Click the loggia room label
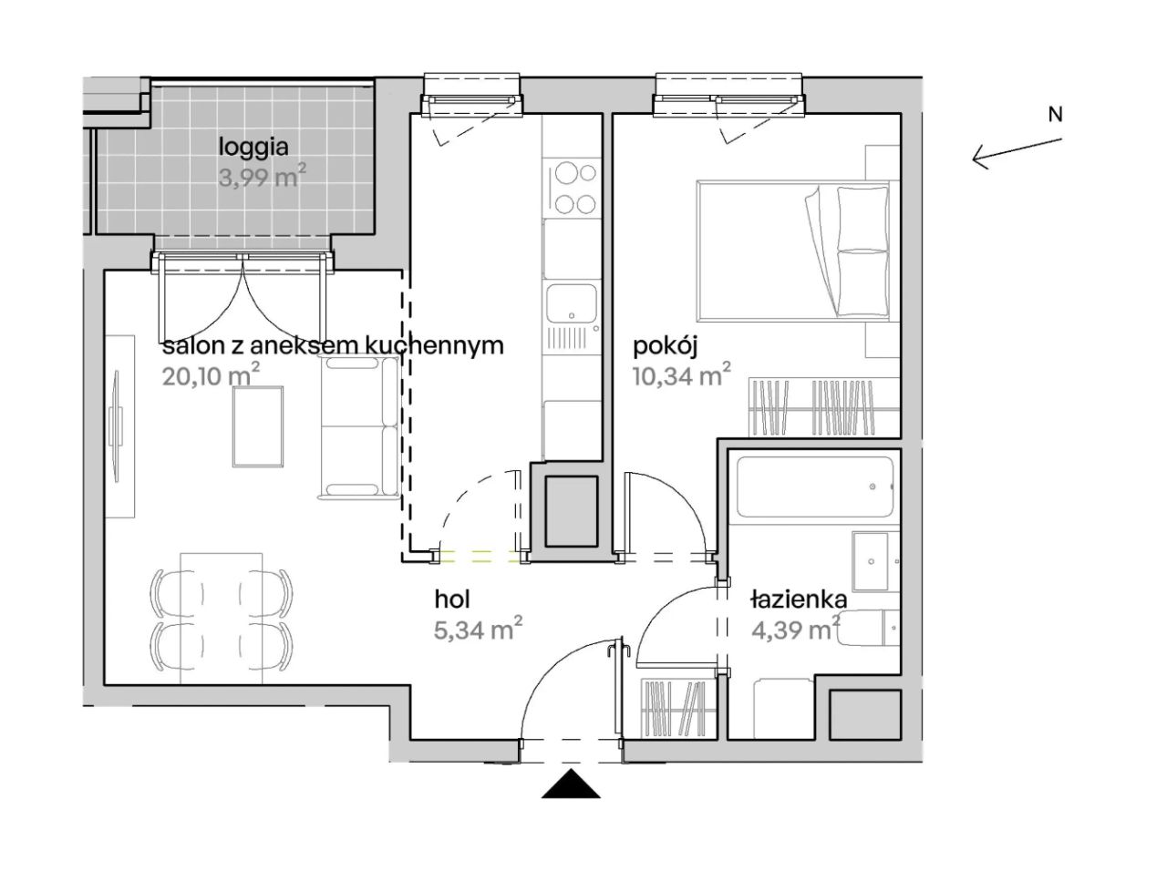(x=253, y=149)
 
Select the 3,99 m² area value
(x=262, y=177)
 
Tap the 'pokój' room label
(x=665, y=348)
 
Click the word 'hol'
(x=452, y=599)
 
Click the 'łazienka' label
(x=799, y=599)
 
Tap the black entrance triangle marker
(x=571, y=784)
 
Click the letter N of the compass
(x=1056, y=114)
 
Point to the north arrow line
(x=1017, y=151)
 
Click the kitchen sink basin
(x=572, y=303)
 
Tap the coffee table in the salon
(x=257, y=427)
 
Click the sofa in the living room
(x=359, y=427)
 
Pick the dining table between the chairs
(x=222, y=619)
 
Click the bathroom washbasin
(x=871, y=561)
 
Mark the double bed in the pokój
(x=793, y=251)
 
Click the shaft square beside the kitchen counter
(x=571, y=511)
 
